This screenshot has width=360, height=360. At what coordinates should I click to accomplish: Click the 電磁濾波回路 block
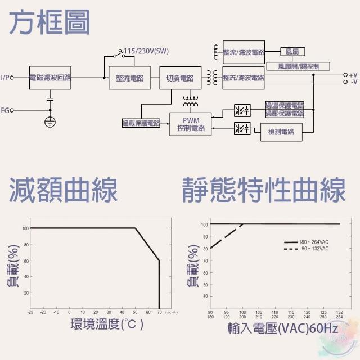(x=50, y=78)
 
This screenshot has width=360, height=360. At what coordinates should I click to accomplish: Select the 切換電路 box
(x=179, y=78)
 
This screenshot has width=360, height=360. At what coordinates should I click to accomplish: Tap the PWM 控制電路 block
(x=190, y=124)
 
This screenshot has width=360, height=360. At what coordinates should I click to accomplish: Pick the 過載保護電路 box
(x=141, y=123)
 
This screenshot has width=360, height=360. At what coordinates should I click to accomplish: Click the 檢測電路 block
(x=281, y=133)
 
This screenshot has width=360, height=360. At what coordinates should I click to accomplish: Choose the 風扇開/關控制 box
(x=299, y=66)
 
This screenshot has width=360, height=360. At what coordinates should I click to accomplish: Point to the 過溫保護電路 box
(x=284, y=105)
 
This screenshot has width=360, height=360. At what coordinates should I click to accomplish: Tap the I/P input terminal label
(x=6, y=78)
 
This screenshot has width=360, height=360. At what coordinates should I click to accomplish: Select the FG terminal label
(x=6, y=110)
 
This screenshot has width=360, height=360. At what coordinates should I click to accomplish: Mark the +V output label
(x=353, y=74)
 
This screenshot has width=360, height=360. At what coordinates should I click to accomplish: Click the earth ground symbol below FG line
(x=50, y=122)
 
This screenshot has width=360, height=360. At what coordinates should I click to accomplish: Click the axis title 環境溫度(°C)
(x=106, y=325)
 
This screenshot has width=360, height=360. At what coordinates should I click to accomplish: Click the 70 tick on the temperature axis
(x=159, y=312)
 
